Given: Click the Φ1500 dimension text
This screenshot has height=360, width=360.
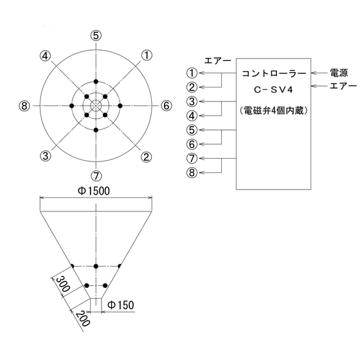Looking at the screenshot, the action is [x=94, y=191].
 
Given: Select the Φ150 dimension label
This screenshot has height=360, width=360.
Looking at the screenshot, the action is [x=121, y=305].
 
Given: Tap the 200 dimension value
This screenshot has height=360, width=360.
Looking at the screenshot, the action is [x=82, y=318].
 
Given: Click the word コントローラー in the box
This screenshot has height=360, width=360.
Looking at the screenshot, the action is [x=274, y=73].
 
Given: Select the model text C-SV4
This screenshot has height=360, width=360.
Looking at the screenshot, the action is [x=273, y=90].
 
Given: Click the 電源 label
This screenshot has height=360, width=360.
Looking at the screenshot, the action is [x=339, y=73].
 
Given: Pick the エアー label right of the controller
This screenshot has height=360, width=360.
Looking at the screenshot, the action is [x=343, y=86].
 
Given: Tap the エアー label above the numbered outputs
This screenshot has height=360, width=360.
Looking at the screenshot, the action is [x=217, y=61].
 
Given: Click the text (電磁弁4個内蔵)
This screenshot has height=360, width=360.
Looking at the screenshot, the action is [x=273, y=111].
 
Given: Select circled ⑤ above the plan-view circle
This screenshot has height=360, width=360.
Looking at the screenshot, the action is [x=96, y=36].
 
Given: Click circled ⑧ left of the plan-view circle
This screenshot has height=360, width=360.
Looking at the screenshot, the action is [x=24, y=106].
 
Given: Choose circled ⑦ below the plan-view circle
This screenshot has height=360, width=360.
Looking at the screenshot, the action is [x=96, y=176].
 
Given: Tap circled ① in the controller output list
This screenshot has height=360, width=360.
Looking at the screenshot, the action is [x=192, y=73].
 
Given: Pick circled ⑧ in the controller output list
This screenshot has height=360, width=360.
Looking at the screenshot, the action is [x=192, y=173].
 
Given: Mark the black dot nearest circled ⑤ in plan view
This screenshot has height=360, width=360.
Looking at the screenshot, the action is [x=96, y=82].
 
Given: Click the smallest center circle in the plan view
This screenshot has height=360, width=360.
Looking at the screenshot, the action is [x=96, y=100].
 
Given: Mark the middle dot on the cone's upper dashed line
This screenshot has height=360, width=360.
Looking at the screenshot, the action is [x=96, y=266].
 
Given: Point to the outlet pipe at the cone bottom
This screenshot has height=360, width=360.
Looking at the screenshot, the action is [x=96, y=305].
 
